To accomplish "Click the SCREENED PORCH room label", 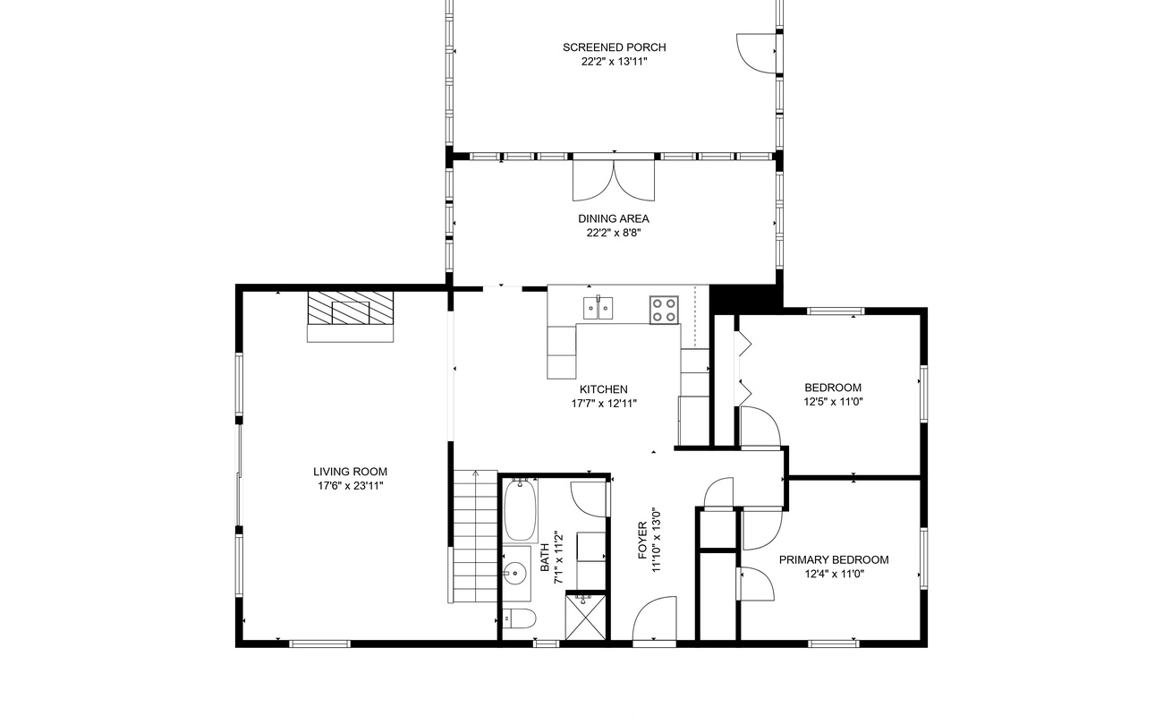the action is tap(615, 47).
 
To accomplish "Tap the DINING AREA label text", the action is tap(614, 218).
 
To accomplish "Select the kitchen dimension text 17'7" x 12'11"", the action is tap(604, 404).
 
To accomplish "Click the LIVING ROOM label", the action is tap(350, 472).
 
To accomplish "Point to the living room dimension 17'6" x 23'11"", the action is tap(351, 486).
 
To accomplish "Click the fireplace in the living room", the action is tap(351, 317).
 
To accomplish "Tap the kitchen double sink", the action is tap(598, 308).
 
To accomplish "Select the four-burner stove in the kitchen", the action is tap(664, 310).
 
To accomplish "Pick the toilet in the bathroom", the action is tap(520, 618).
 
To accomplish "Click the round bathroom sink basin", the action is tap(515, 573).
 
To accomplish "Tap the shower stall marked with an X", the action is tap(586, 618).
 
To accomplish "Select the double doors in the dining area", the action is tap(614, 180).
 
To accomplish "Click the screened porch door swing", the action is tap(757, 53).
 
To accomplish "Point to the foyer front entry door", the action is tap(654, 618).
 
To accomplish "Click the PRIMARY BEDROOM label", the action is tap(834, 560).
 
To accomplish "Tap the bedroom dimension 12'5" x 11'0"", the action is tap(833, 402).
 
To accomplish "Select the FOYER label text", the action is tap(642, 541).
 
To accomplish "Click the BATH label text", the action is tap(545, 558).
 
